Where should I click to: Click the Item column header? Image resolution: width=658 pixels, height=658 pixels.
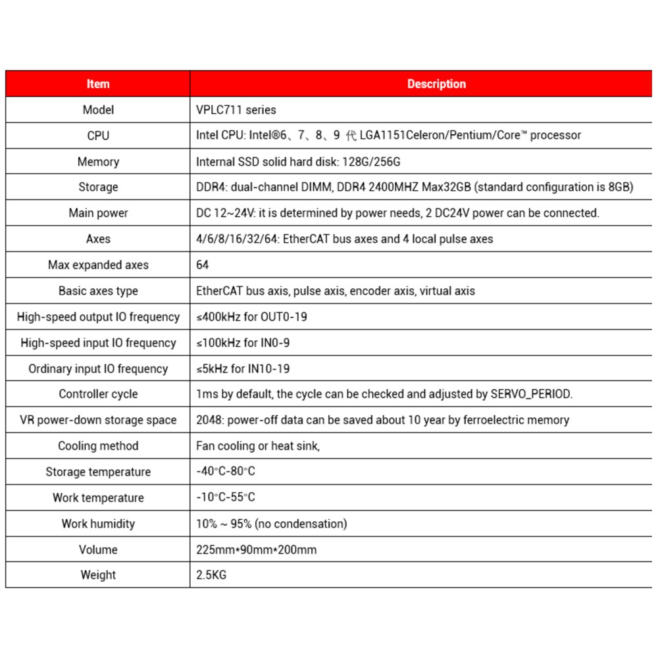[x=98, y=84]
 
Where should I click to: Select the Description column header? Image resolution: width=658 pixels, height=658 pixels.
[x=436, y=84]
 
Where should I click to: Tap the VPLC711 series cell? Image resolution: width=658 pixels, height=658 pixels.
[x=236, y=110]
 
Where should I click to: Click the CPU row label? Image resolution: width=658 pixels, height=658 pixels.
[x=98, y=136]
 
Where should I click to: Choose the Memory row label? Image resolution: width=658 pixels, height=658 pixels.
[x=98, y=162]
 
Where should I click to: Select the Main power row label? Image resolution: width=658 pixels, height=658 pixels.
[x=98, y=213]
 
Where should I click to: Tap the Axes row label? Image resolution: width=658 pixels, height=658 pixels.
[x=98, y=239]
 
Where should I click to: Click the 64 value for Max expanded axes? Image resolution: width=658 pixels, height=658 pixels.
[x=203, y=265]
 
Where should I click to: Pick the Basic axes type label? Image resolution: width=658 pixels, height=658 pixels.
[x=98, y=291]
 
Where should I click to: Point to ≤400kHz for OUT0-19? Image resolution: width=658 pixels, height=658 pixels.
[x=251, y=317]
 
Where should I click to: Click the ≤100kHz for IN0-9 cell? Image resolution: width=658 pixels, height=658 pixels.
[x=243, y=343]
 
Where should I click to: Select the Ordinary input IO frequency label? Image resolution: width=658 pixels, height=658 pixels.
[x=98, y=368]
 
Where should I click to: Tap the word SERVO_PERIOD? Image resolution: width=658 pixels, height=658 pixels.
[x=531, y=395]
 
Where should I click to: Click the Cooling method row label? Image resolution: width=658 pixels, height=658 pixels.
[x=98, y=446]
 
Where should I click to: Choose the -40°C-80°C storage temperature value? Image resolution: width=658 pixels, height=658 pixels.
[x=225, y=472]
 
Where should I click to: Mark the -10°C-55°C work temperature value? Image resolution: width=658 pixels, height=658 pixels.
[x=225, y=498]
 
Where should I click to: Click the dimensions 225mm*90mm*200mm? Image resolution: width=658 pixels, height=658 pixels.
[x=256, y=550]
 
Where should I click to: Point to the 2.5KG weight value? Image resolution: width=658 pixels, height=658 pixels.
[x=211, y=575]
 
